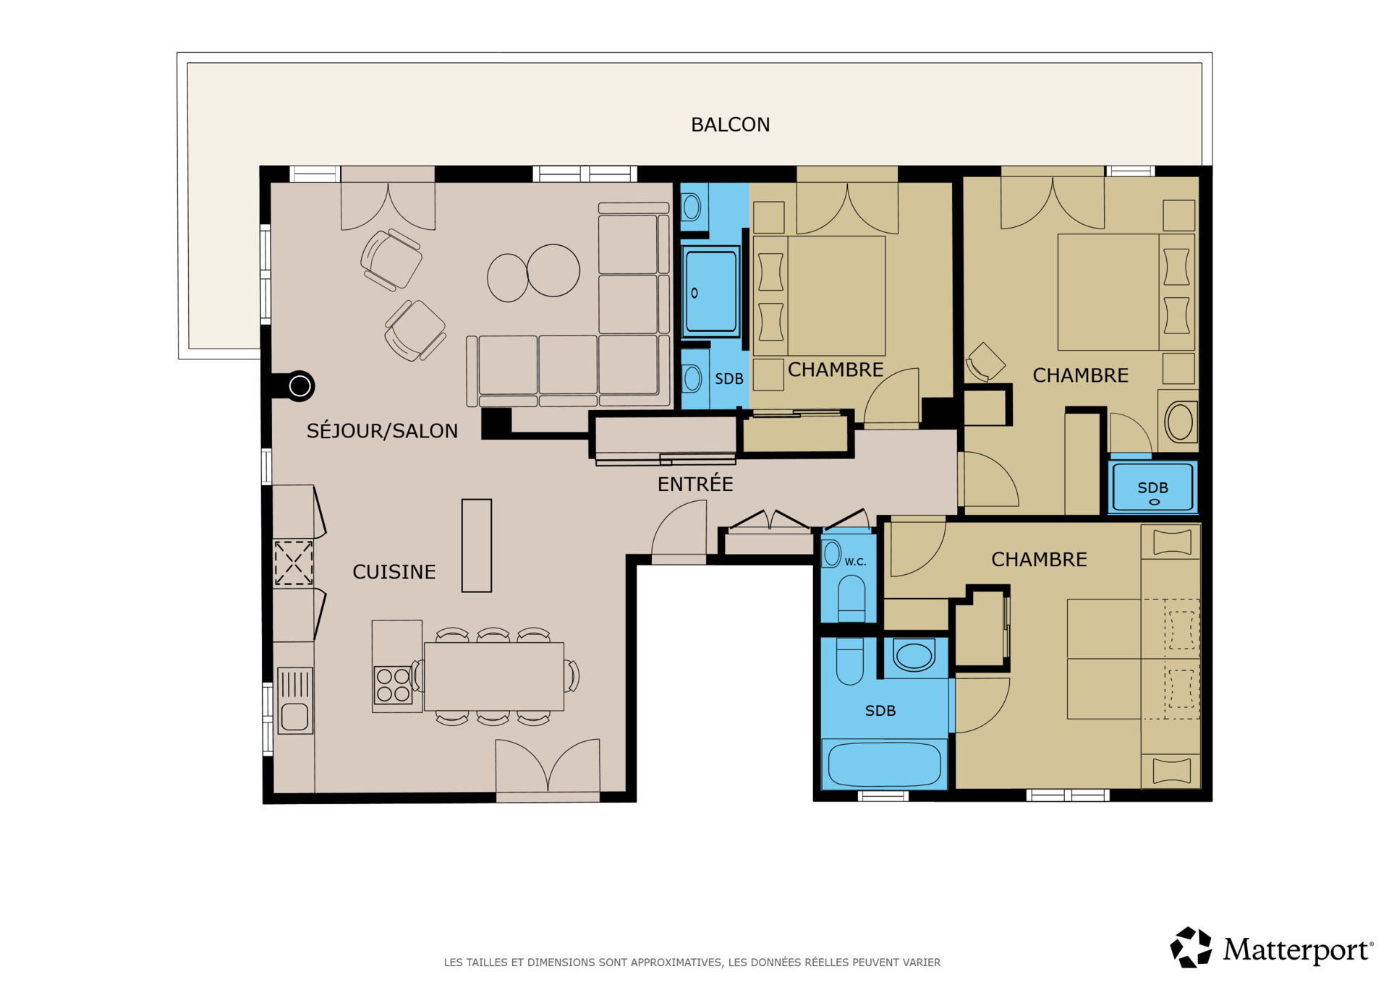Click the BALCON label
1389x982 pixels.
(730, 125)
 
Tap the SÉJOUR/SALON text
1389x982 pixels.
(382, 430)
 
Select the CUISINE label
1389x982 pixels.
(394, 572)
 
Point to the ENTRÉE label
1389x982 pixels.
(694, 484)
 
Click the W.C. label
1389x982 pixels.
(855, 562)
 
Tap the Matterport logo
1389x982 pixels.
(1271, 947)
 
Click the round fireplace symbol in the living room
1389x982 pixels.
(300, 386)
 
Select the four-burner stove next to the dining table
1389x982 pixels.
(393, 685)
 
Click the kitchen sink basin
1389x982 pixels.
(295, 717)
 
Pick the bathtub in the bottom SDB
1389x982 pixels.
(884, 764)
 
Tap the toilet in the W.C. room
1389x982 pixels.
(851, 598)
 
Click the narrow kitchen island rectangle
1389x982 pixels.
(477, 546)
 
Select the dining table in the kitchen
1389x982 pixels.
(493, 677)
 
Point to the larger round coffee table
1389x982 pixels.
(553, 270)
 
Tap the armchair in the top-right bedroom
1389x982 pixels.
(985, 361)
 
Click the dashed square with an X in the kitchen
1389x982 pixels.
(293, 563)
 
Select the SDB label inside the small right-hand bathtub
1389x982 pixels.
(1152, 488)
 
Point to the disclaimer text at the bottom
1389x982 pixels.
(692, 962)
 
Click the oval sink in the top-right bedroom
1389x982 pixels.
(1180, 422)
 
